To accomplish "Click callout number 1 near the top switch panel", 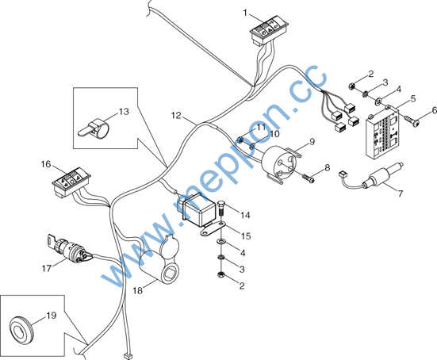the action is (245, 13).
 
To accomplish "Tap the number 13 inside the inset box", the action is (124, 112).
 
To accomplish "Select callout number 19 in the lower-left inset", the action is (52, 316).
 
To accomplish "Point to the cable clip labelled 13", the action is (94, 128).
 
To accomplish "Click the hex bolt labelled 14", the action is (221, 208).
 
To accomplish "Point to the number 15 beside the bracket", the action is (246, 236).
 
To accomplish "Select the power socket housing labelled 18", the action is (159, 259).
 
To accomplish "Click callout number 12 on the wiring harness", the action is (176, 115).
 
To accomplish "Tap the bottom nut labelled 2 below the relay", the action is (220, 275).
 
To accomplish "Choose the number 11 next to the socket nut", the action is (261, 128).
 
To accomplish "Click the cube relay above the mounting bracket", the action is (197, 210).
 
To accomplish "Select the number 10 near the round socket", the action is (274, 134).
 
